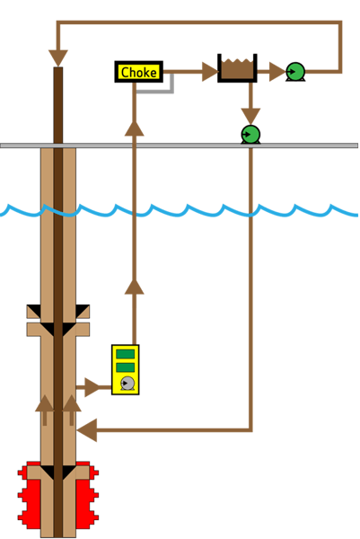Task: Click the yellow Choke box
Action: pyautogui.click(x=139, y=72)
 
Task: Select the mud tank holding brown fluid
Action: pyautogui.click(x=237, y=69)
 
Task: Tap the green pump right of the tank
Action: pyautogui.click(x=294, y=71)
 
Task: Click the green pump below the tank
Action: pyautogui.click(x=250, y=134)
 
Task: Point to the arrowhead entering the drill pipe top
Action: pyautogui.click(x=58, y=57)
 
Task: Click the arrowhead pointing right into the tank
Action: pyautogui.click(x=208, y=72)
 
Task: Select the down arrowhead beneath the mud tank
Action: pyautogui.click(x=250, y=114)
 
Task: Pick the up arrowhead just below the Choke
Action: pyautogui.click(x=134, y=128)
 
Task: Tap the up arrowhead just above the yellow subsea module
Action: pyautogui.click(x=134, y=287)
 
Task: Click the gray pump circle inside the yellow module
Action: pyautogui.click(x=127, y=384)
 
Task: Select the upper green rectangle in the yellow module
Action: pyautogui.click(x=126, y=354)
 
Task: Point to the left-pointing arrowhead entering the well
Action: pyautogui.click(x=87, y=430)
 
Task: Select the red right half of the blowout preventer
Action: pyautogui.click(x=88, y=496)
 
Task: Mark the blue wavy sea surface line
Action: pyautogui.click(x=180, y=210)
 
